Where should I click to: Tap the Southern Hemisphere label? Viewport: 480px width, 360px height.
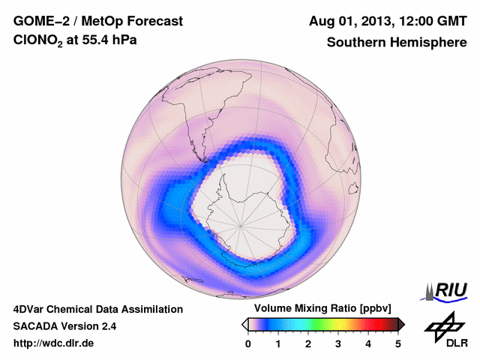(x=397, y=43)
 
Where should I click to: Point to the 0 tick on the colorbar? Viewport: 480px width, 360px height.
(x=248, y=343)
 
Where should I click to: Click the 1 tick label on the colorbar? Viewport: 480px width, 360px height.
(x=278, y=343)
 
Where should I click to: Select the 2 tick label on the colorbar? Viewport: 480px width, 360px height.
(x=308, y=343)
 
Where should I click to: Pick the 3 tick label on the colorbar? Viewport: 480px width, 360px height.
(x=338, y=343)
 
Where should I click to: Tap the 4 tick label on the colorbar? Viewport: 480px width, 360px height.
(x=368, y=343)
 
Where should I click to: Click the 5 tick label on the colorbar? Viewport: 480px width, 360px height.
(x=398, y=343)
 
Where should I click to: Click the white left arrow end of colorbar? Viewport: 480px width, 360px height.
(x=244, y=324)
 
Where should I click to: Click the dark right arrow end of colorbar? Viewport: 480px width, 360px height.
(x=401, y=324)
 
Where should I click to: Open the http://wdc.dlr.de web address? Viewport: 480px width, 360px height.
(x=54, y=343)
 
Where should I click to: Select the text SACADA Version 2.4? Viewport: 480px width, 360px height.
(x=64, y=326)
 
